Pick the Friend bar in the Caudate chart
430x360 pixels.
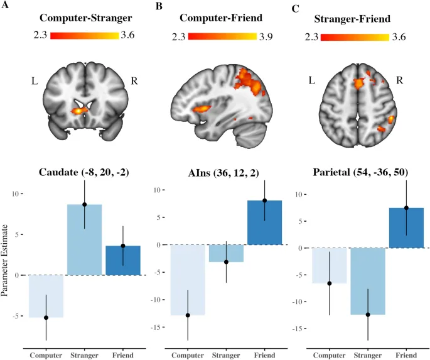point(123,260)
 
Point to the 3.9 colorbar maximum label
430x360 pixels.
point(264,36)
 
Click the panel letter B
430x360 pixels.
point(159,6)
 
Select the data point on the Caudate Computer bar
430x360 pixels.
point(45,317)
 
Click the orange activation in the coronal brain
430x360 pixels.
point(80,110)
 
